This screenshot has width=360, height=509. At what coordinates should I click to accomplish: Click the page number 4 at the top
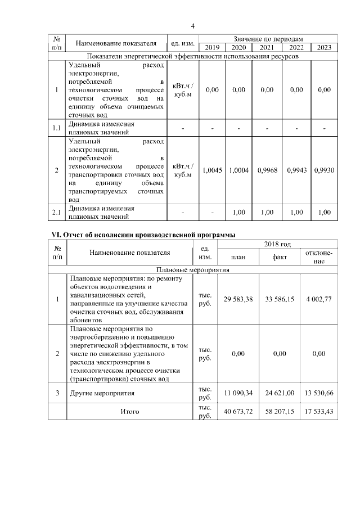pyautogui.click(x=192, y=26)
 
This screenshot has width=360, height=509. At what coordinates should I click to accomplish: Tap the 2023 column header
pyautogui.click(x=325, y=47)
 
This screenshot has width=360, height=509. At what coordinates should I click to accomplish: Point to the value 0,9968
pyautogui.click(x=267, y=170)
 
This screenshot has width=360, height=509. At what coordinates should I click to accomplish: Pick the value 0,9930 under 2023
pyautogui.click(x=325, y=170)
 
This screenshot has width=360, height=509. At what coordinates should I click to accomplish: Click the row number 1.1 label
pyautogui.click(x=56, y=128)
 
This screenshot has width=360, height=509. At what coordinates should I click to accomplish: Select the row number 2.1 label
pyautogui.click(x=56, y=211)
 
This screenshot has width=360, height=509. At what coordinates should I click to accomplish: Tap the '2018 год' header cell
pyautogui.click(x=277, y=244)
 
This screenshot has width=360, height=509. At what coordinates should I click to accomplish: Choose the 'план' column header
pyautogui.click(x=238, y=257)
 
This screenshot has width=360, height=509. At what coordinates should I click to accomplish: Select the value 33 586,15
pyautogui.click(x=278, y=299)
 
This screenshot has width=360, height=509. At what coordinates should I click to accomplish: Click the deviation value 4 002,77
pyautogui.click(x=319, y=299)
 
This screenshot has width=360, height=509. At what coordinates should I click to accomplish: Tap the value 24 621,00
pyautogui.click(x=278, y=393)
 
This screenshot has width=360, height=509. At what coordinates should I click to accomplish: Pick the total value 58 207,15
pyautogui.click(x=278, y=412)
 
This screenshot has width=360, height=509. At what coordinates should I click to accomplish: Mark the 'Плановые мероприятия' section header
pyautogui.click(x=192, y=269)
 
